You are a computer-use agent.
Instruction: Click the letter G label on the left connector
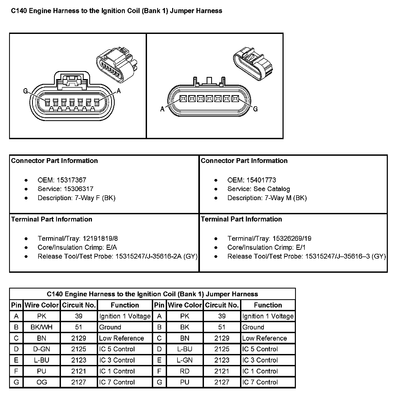[26, 91]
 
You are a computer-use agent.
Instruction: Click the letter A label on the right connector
[162, 109]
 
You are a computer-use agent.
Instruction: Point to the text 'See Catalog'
[272, 189]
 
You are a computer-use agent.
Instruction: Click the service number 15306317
[79, 189]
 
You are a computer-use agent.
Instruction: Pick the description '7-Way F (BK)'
[95, 198]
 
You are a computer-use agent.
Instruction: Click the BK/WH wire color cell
[42, 327]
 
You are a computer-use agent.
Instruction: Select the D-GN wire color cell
[42, 349]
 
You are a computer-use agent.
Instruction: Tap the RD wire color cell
[185, 371]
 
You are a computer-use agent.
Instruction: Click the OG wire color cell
[42, 382]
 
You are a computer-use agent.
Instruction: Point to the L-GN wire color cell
[185, 360]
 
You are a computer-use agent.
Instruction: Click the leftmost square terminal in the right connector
[183, 99]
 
